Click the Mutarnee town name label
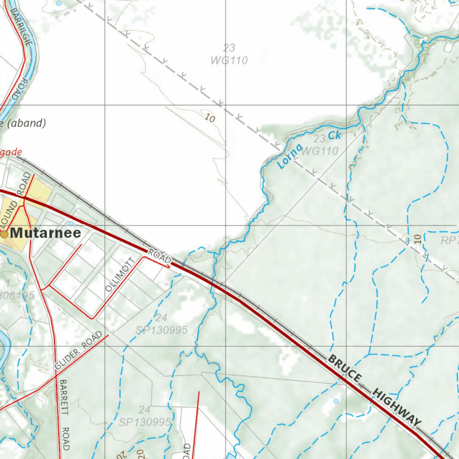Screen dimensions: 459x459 46,233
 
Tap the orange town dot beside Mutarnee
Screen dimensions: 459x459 4,234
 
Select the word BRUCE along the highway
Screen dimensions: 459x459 344,369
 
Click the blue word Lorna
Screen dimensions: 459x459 290,156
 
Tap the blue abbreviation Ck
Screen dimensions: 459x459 334,135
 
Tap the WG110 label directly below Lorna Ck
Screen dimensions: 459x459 320,152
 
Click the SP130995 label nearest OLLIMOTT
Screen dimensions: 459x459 161,330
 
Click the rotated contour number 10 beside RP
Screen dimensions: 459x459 418,238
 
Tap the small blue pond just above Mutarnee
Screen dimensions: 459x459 71,223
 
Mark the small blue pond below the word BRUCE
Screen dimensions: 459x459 336,401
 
